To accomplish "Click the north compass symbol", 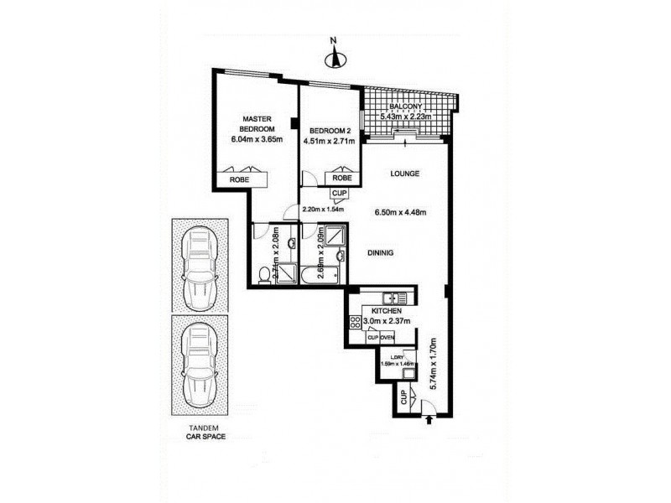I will (x=333, y=57).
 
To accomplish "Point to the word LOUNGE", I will (x=403, y=174).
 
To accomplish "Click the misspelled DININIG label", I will (x=378, y=251).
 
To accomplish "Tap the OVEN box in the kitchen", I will (x=388, y=337).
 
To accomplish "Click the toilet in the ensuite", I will (x=263, y=272).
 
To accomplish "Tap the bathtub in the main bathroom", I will (x=317, y=274).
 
